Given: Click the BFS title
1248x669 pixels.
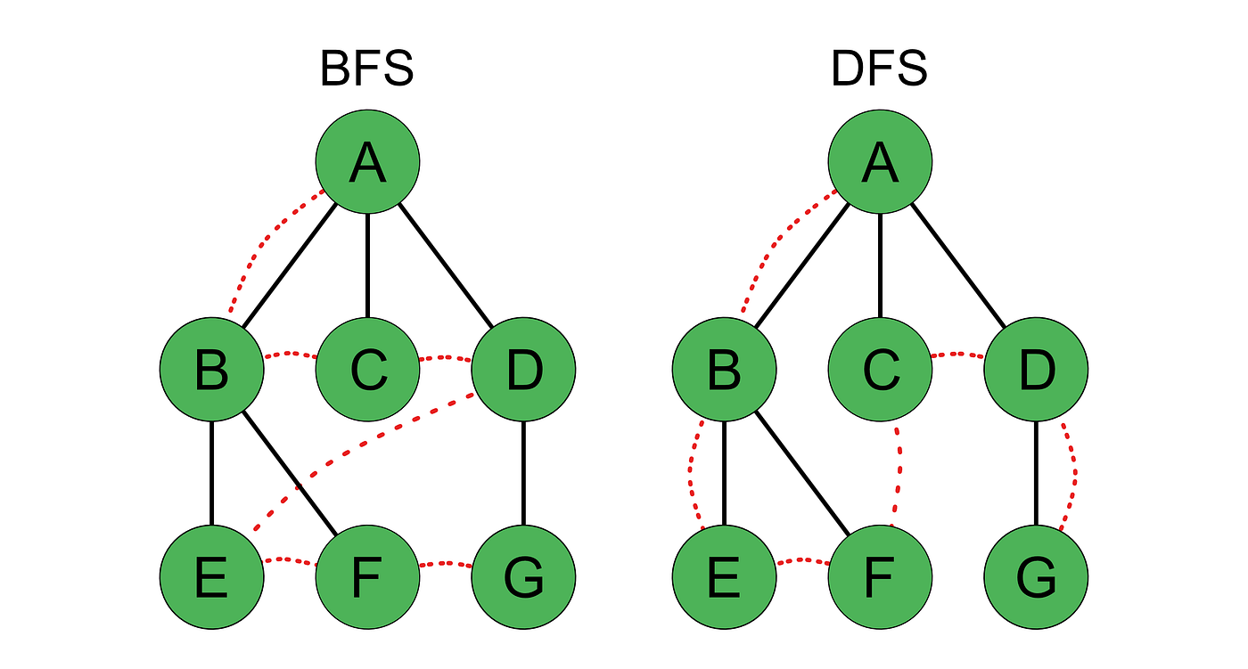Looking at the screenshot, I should pyautogui.click(x=367, y=69).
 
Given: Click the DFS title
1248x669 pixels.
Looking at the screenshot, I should pyautogui.click(x=879, y=69).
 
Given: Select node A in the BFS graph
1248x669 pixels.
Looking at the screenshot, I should pyautogui.click(x=367, y=162).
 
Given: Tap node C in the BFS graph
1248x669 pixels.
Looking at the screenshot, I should pyautogui.click(x=367, y=369).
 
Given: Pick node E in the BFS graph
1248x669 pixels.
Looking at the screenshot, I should pyautogui.click(x=212, y=576).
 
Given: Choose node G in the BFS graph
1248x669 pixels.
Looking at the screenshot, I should pyautogui.click(x=523, y=576).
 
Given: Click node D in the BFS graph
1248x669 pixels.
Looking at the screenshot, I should pyautogui.click(x=523, y=369).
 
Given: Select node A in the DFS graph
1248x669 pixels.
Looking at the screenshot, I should pyautogui.click(x=880, y=162).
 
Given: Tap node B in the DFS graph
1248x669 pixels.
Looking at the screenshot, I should pyautogui.click(x=724, y=369).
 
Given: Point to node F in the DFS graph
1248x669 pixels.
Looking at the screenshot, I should pyautogui.click(x=880, y=576).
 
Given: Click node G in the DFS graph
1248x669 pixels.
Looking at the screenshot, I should pyautogui.click(x=1036, y=576).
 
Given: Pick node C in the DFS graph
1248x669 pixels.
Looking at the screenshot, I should pyautogui.click(x=880, y=369).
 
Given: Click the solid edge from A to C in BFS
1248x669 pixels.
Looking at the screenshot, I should pyautogui.click(x=367, y=265).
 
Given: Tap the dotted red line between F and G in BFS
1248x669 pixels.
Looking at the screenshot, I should pyautogui.click(x=445, y=564).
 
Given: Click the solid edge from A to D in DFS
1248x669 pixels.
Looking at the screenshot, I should pyautogui.click(x=958, y=265).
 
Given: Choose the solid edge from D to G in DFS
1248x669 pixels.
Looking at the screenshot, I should pyautogui.click(x=1036, y=472).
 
